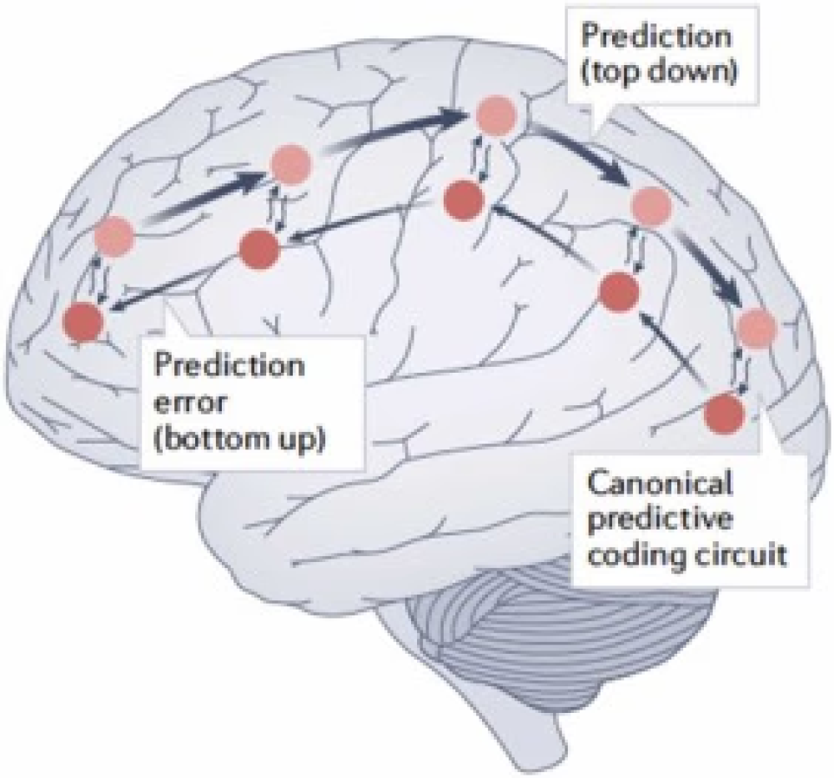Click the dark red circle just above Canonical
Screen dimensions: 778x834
click(723, 414)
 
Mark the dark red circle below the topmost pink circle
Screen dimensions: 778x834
click(464, 200)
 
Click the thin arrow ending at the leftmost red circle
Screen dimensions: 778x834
click(175, 284)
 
